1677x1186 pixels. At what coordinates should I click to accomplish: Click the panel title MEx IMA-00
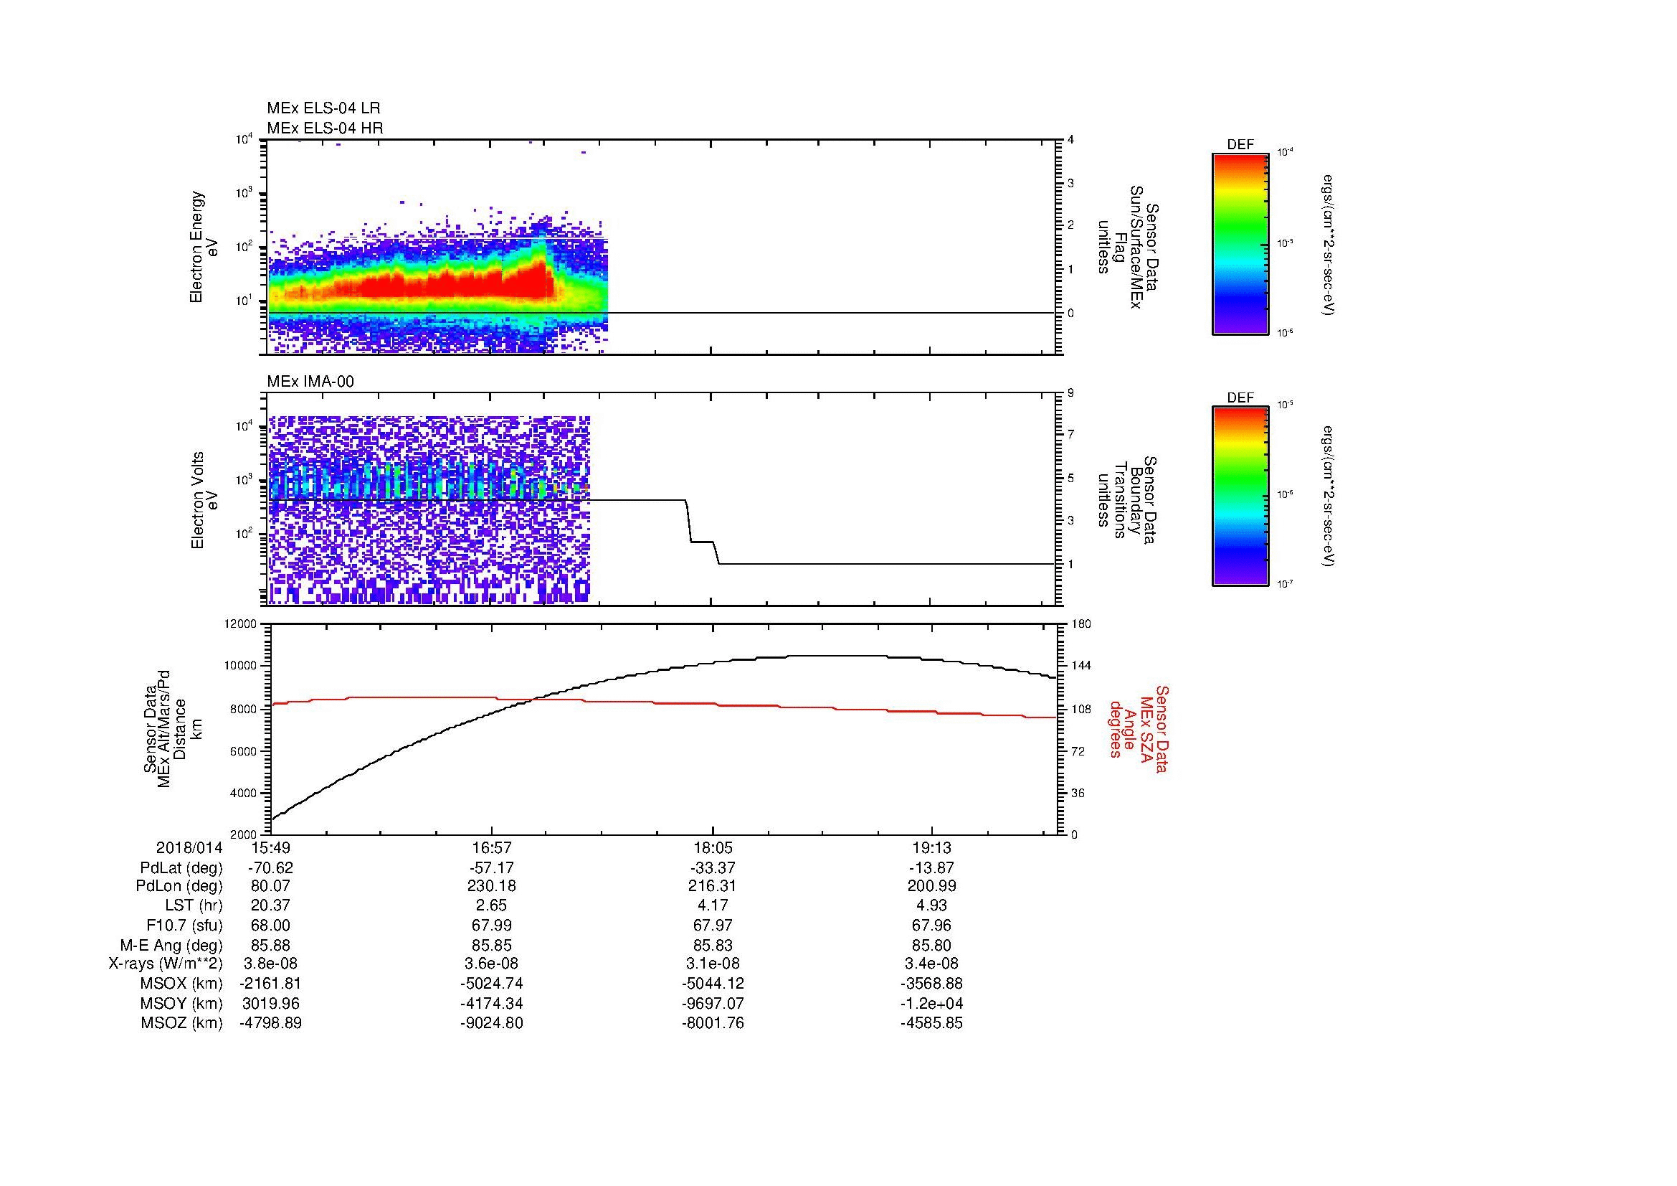coord(310,382)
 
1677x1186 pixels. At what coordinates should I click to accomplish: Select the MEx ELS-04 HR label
coord(325,128)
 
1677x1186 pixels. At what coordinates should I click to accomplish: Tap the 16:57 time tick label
coord(492,848)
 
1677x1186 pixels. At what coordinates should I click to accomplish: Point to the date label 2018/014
coord(189,848)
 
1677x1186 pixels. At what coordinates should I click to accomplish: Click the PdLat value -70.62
coord(270,868)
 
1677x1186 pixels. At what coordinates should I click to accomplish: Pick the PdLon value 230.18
coord(492,886)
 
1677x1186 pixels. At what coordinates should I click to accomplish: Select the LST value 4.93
coord(931,906)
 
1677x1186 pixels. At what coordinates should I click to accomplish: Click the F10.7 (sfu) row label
coord(184,925)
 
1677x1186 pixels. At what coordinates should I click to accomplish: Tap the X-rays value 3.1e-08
coord(712,964)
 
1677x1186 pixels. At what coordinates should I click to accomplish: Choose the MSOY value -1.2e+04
coord(931,1003)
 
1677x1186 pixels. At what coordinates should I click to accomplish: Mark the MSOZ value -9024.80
coord(492,1023)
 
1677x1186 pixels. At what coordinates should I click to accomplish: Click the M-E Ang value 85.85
coord(492,945)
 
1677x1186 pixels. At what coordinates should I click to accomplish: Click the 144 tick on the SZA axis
coord(1080,666)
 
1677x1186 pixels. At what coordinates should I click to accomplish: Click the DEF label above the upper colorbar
coord(1240,145)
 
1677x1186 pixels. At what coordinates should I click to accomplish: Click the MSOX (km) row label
coord(181,984)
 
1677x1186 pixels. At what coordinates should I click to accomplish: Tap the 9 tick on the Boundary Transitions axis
coord(1070,393)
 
